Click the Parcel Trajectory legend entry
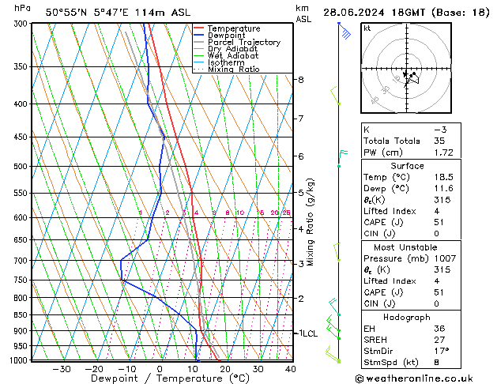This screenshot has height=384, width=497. click(x=243, y=42)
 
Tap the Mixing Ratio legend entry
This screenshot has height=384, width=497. click(x=234, y=69)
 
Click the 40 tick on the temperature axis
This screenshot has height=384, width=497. click(x=291, y=369)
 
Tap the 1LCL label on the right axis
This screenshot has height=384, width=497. click(x=307, y=333)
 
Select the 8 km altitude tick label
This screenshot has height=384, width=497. click(x=300, y=80)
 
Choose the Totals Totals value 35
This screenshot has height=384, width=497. click(x=439, y=141)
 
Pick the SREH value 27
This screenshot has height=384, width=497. click(x=439, y=340)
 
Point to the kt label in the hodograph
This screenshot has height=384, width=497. click(x=367, y=28)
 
